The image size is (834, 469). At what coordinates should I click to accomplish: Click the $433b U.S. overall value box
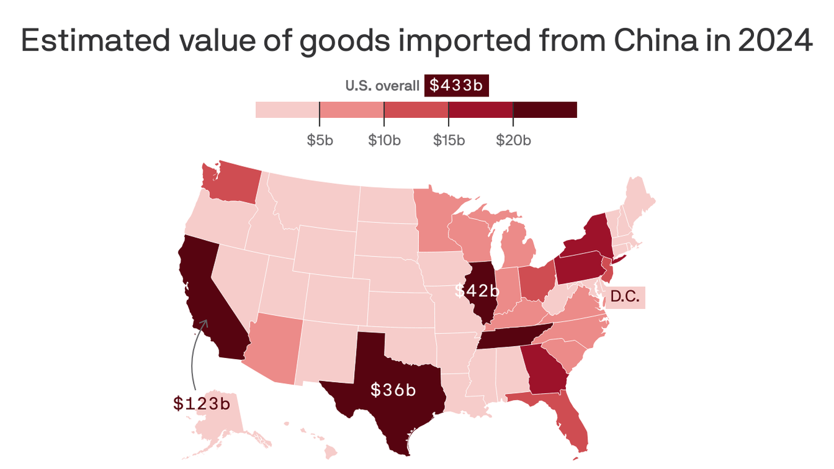pos(456,85)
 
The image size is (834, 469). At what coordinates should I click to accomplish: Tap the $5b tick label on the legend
pos(319,140)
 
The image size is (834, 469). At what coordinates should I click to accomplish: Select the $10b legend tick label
pos(384,140)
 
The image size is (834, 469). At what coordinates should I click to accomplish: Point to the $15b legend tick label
pos(449,140)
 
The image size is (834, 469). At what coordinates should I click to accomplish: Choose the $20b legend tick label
pos(513,140)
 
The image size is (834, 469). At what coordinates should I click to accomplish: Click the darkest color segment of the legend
pos(545,110)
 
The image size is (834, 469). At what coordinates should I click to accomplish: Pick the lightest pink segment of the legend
pos(287,110)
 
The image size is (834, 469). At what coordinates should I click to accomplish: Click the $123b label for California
pos(201,403)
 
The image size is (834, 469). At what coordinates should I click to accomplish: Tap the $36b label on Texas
pos(393,390)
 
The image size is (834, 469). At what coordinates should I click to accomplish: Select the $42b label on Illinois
pos(476,291)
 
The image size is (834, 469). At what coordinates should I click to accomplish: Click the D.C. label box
pos(625,297)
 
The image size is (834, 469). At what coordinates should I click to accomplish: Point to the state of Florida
pos(568,421)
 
